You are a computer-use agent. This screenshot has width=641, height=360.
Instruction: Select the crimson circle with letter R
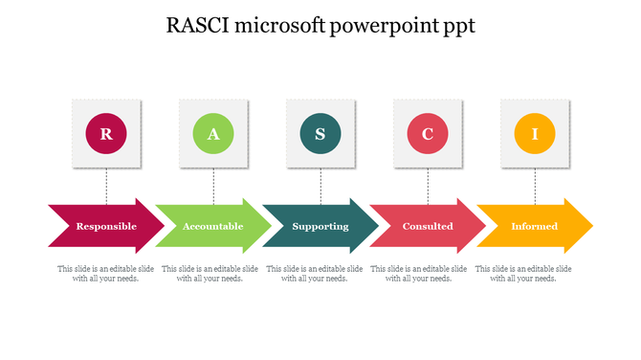pyautogui.click(x=106, y=134)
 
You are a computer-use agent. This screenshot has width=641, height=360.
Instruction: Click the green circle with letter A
pyautogui.click(x=213, y=134)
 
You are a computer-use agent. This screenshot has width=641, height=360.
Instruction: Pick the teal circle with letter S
pyautogui.click(x=320, y=134)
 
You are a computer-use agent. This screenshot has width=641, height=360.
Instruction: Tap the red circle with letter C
pyautogui.click(x=428, y=134)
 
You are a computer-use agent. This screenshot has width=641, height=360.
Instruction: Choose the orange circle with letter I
pyautogui.click(x=535, y=134)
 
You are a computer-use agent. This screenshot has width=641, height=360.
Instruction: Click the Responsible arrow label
pyautogui.click(x=106, y=227)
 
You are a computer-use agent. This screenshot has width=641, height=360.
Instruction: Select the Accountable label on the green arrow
pyautogui.click(x=213, y=227)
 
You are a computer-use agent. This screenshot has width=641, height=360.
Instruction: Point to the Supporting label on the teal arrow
pyautogui.click(x=320, y=227)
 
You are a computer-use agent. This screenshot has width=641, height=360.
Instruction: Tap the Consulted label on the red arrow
pyautogui.click(x=428, y=227)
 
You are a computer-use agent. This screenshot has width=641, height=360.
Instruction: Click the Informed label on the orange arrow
pyautogui.click(x=534, y=227)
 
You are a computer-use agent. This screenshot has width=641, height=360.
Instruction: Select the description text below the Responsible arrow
pyautogui.click(x=106, y=274)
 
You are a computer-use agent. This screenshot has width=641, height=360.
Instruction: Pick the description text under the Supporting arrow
pyautogui.click(x=315, y=274)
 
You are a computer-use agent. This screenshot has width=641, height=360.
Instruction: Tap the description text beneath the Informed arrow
pyautogui.click(x=523, y=274)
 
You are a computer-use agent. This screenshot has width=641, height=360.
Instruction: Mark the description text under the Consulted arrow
pyautogui.click(x=419, y=274)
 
